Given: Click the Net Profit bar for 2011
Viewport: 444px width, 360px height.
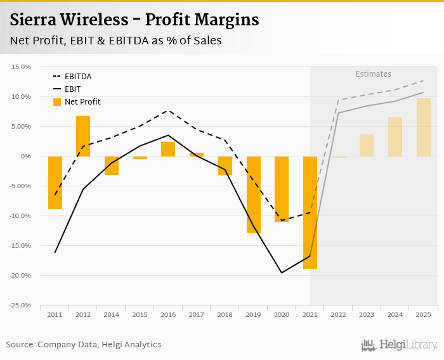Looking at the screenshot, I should tap(55, 183).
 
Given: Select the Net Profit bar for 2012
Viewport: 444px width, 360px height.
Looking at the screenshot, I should tap(83, 136).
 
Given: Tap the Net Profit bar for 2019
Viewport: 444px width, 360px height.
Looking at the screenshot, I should tap(254, 195).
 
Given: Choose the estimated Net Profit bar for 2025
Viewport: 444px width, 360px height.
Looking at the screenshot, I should tap(424, 127).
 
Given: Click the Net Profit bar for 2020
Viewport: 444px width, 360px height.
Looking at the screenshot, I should tap(282, 189).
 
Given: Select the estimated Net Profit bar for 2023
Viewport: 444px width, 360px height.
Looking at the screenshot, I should tap(367, 145).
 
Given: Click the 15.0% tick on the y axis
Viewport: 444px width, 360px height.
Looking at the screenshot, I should tap(22, 67).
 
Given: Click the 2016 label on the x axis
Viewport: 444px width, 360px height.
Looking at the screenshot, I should tap(168, 314).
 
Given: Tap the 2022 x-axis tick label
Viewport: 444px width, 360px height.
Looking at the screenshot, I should tap(339, 314).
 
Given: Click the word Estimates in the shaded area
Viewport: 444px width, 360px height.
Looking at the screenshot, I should tap(373, 74).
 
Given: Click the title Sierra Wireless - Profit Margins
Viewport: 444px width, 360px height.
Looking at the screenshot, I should tap(134, 20).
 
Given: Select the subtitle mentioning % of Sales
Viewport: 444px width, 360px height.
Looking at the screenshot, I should tap(115, 41).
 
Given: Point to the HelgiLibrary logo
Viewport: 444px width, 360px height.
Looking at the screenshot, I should tap(399, 345).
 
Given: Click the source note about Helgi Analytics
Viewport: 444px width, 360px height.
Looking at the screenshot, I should tap(84, 345).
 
